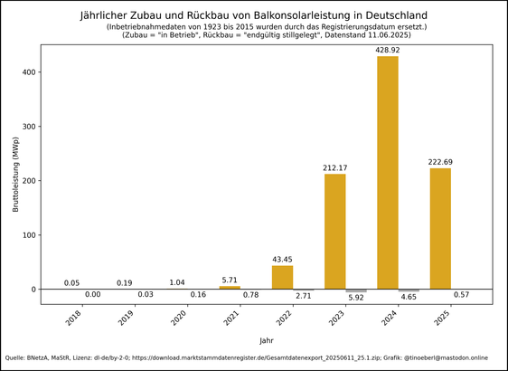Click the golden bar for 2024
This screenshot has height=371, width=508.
pos(388,172)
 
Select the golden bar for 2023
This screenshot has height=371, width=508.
pos(335,231)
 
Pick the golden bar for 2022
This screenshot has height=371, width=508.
pos(283,277)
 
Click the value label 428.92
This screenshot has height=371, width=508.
pos(388,50)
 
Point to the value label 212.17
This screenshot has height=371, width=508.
pos(335,167)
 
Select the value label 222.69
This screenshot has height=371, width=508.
pos(440,162)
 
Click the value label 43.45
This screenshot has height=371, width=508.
pos(283,260)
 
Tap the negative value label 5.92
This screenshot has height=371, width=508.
pos(356,297)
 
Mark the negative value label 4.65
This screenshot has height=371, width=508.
pos(409,296)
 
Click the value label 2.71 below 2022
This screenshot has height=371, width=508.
pos(304,295)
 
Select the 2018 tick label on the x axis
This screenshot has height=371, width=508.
pos(71,319)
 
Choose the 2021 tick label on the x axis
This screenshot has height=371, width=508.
pos(229,319)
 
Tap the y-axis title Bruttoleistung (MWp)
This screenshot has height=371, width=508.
pos(15,180)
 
